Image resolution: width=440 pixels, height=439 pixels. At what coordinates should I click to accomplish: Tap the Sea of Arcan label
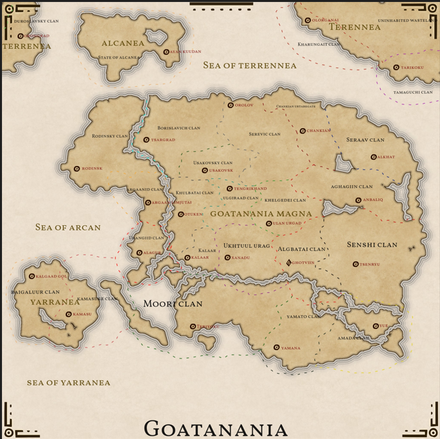point(68,227)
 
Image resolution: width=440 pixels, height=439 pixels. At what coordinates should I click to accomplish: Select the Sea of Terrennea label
point(250,65)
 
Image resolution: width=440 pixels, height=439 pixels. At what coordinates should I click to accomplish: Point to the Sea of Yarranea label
point(68,382)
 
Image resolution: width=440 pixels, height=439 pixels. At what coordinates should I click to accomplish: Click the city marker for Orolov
point(231,105)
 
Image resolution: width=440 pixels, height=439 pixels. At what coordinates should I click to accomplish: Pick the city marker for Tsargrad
point(146,140)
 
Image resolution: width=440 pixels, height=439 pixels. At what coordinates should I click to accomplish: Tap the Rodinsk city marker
point(77,169)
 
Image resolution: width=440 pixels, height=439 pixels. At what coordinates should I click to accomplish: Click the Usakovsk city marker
point(205,171)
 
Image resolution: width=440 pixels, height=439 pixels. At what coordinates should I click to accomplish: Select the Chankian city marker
point(303,131)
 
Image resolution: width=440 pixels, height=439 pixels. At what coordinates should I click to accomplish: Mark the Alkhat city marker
point(374,157)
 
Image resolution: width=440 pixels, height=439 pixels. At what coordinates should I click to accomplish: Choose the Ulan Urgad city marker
point(269,223)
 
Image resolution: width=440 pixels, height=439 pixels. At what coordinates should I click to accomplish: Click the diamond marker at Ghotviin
point(289,263)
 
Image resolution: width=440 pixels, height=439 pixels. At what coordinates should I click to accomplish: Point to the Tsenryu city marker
point(356,264)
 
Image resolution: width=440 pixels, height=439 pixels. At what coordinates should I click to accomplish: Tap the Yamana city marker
point(276,348)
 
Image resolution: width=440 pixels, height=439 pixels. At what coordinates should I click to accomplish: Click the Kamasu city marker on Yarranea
point(69,315)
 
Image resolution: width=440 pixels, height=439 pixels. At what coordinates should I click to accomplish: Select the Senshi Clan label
point(372,245)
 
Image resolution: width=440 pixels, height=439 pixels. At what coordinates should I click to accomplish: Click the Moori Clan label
point(173,304)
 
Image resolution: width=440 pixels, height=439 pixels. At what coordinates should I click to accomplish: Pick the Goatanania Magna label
point(261,213)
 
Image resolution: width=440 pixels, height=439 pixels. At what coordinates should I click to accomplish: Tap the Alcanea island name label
point(123,44)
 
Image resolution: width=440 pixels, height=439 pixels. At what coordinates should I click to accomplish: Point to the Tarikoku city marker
point(396,68)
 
